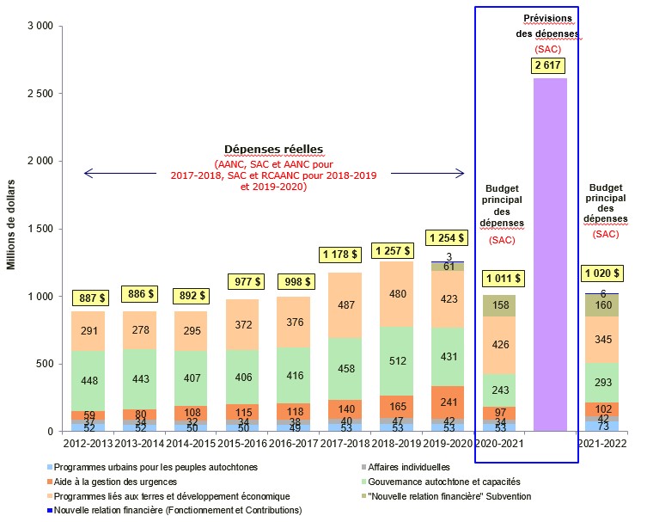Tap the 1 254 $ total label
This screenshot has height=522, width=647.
[x=447, y=238]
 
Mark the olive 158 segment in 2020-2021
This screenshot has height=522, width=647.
[x=499, y=305]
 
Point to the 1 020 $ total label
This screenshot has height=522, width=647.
[x=601, y=273]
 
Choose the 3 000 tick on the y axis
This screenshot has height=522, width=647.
[x=37, y=27]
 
